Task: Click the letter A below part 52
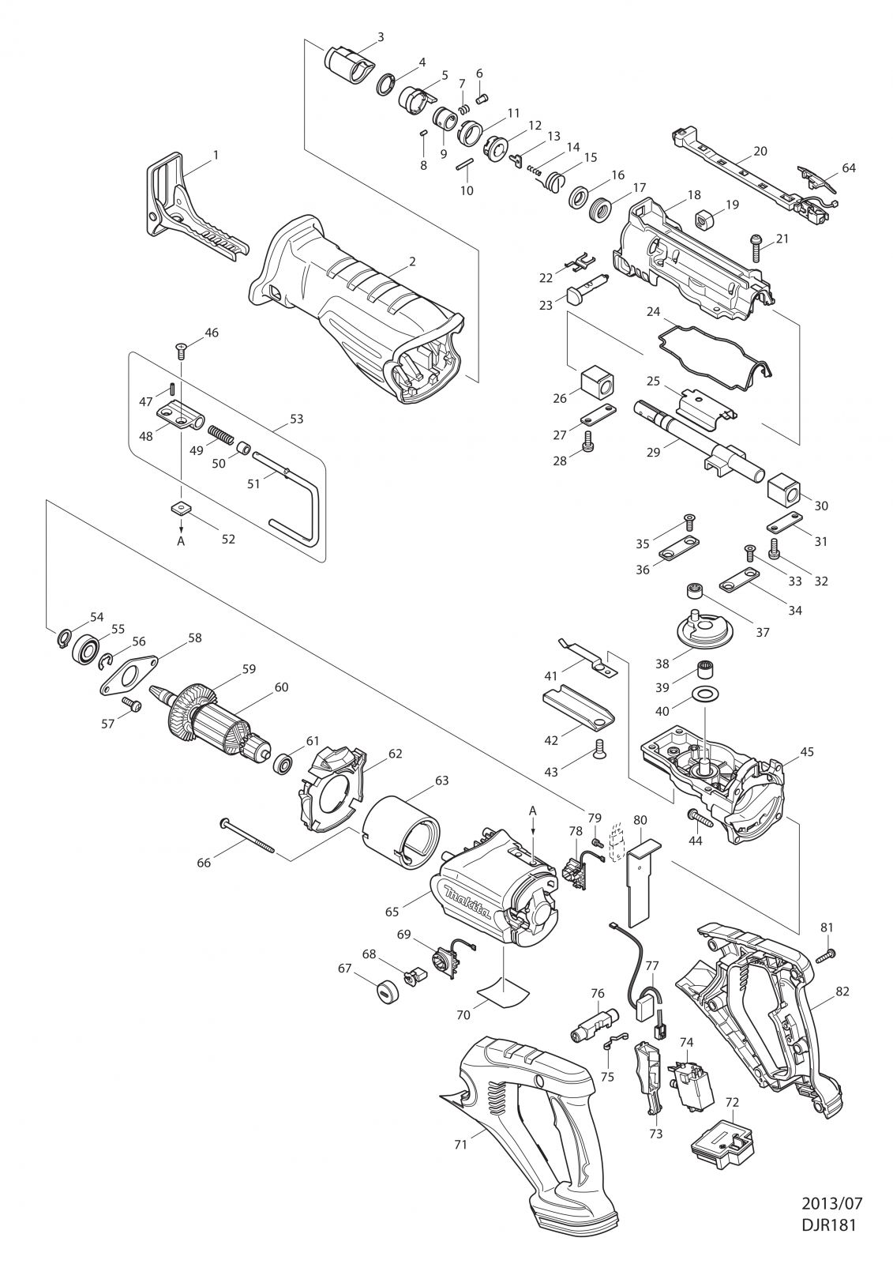point(181,541)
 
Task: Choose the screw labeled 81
point(823,957)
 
